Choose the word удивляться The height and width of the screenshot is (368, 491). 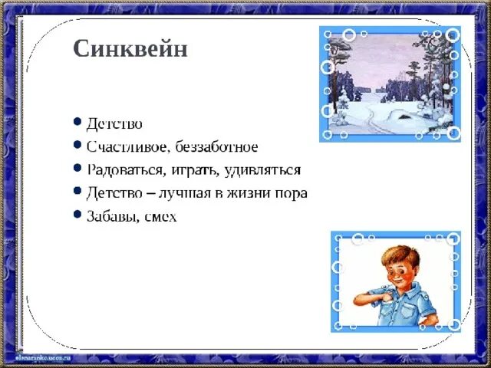click(x=262, y=170)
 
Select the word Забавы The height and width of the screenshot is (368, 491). click(x=112, y=217)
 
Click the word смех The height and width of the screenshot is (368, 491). click(x=160, y=217)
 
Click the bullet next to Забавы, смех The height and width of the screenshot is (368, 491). click(x=77, y=215)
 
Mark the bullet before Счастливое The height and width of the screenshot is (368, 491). click(x=77, y=144)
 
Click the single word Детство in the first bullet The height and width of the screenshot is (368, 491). click(x=114, y=123)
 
